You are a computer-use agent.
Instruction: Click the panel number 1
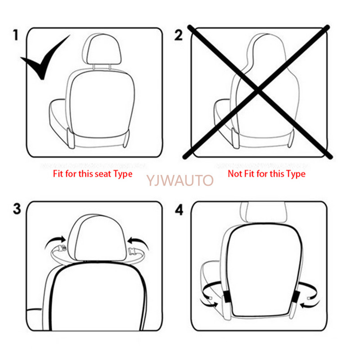pyautogui.click(x=16, y=35)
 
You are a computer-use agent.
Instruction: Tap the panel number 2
pyautogui.click(x=179, y=35)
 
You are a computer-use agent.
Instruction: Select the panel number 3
pyautogui.click(x=17, y=209)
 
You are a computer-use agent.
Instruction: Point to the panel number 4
pyautogui.click(x=179, y=210)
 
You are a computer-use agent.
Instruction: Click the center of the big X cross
pyautogui.click(x=257, y=92)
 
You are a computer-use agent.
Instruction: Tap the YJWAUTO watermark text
pyautogui.click(x=180, y=181)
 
